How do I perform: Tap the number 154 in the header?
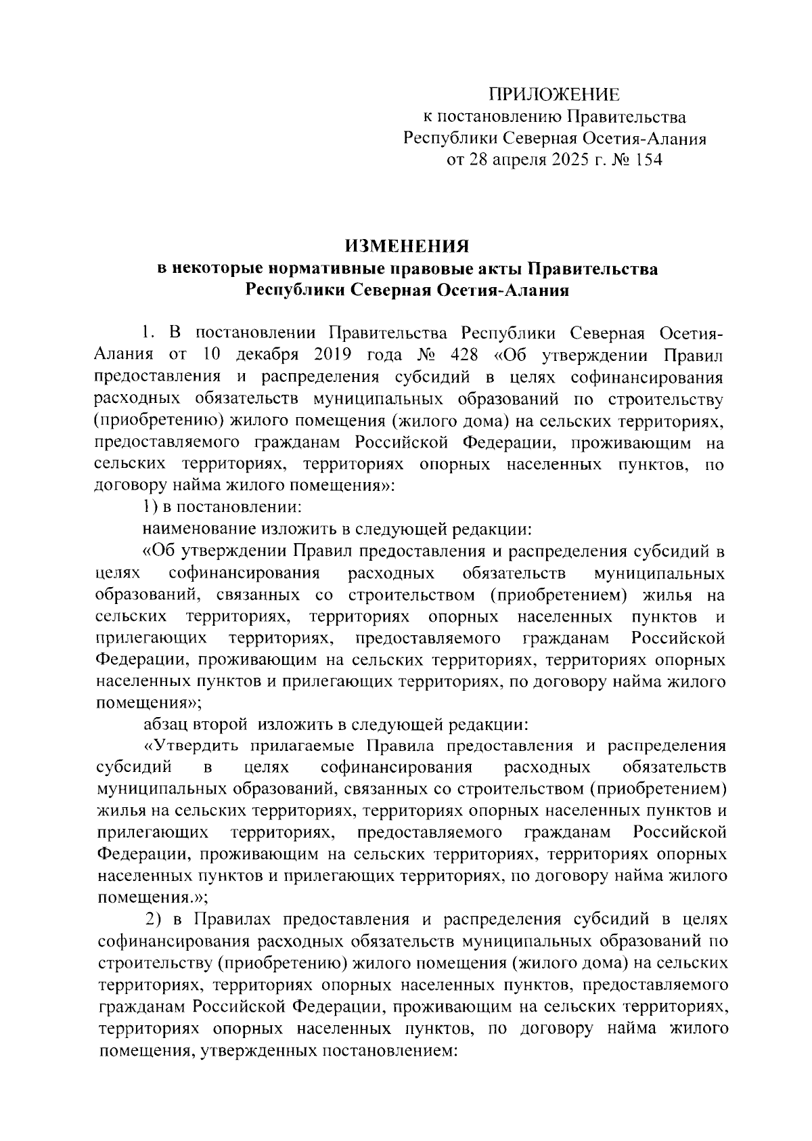[646, 160]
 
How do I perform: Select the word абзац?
[165, 725]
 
